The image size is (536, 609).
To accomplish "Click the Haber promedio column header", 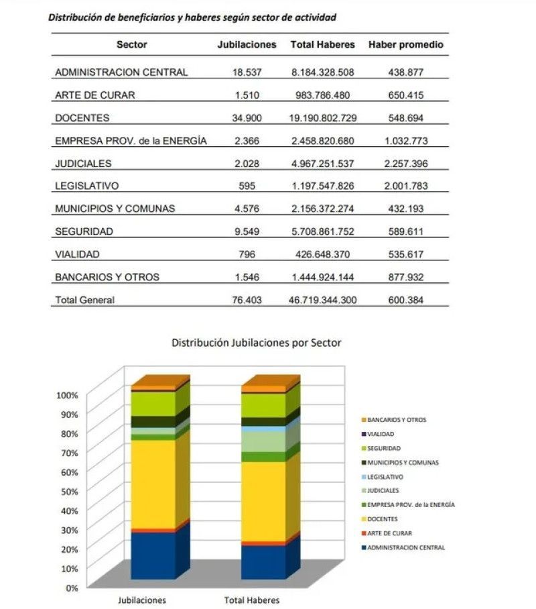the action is click(x=405, y=45).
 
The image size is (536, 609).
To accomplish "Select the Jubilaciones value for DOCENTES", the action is click(x=247, y=117).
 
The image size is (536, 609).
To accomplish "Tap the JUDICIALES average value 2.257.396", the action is click(x=406, y=164).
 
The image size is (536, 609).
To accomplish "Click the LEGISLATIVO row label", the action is click(x=87, y=186).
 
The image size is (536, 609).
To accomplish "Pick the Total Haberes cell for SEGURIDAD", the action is click(x=323, y=231).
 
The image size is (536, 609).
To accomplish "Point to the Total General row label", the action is click(x=84, y=300).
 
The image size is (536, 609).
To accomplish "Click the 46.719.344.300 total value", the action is click(x=322, y=300).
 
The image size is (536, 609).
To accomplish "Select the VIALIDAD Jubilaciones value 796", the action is click(x=247, y=254).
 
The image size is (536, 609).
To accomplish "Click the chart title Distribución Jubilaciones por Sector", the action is click(x=257, y=343).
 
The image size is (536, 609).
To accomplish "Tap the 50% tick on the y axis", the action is click(x=70, y=492).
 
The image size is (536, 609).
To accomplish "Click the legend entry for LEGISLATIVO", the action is click(x=383, y=477).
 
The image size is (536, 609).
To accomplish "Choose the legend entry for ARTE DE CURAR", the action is click(x=387, y=533).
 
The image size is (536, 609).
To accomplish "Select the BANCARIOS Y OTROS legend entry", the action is click(x=394, y=420).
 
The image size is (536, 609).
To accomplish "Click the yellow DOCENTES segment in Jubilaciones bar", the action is click(x=153, y=484).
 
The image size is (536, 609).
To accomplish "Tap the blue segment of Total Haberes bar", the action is click(x=263, y=563).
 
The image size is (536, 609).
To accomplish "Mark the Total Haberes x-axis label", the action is click(x=252, y=600).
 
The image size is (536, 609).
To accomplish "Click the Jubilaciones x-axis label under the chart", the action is click(x=142, y=600).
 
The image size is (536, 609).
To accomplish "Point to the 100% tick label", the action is click(x=67, y=395).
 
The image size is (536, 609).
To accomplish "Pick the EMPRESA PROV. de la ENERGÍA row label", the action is click(x=131, y=141).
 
